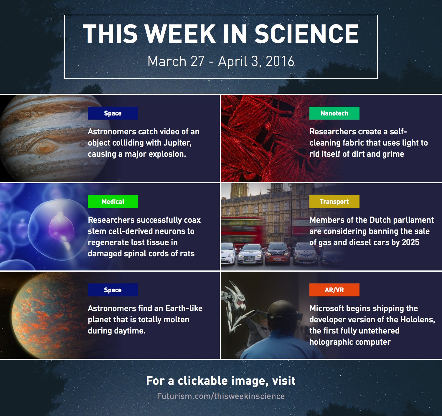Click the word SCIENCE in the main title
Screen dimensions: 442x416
click(306, 34)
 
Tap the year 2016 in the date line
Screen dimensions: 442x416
click(280, 61)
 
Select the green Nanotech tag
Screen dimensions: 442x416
click(334, 113)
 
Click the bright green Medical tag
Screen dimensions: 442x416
click(113, 202)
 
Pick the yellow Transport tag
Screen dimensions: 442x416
click(334, 202)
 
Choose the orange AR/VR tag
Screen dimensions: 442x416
click(334, 290)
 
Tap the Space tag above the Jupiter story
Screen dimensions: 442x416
click(113, 113)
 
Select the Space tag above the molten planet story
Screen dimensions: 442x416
click(113, 290)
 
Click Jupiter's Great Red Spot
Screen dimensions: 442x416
click(46, 147)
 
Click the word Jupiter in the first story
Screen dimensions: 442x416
click(177, 143)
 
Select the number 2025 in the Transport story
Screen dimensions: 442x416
click(411, 242)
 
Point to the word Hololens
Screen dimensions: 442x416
click(418, 319)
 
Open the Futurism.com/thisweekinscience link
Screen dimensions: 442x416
click(221, 396)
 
